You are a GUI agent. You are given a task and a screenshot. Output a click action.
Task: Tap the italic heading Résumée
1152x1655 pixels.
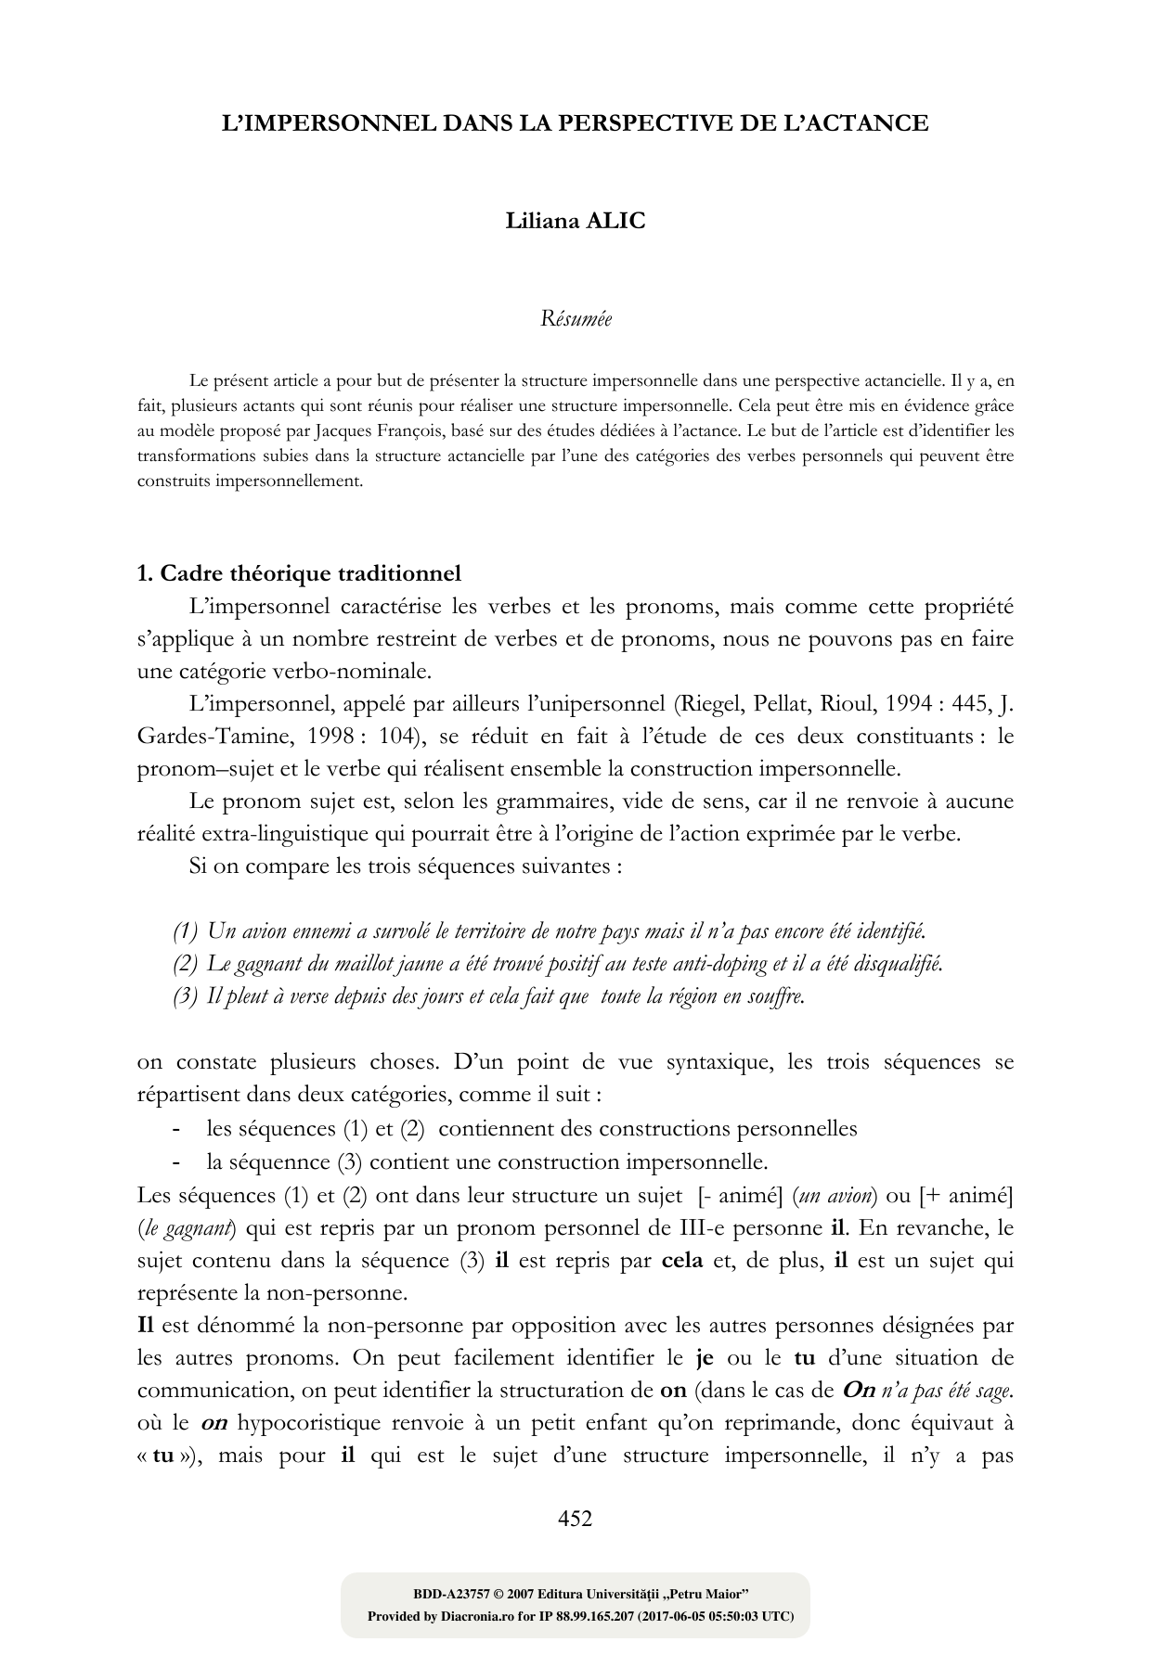click(576, 319)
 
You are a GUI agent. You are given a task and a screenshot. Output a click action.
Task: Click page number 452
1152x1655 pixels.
click(575, 1519)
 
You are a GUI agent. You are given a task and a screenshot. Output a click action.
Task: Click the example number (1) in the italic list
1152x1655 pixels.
click(186, 930)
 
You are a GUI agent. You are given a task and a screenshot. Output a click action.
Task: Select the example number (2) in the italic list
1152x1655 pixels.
click(186, 964)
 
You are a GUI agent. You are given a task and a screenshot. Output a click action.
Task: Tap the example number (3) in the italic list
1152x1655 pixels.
click(186, 997)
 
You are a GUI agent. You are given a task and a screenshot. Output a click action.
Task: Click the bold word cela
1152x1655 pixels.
click(682, 1261)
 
